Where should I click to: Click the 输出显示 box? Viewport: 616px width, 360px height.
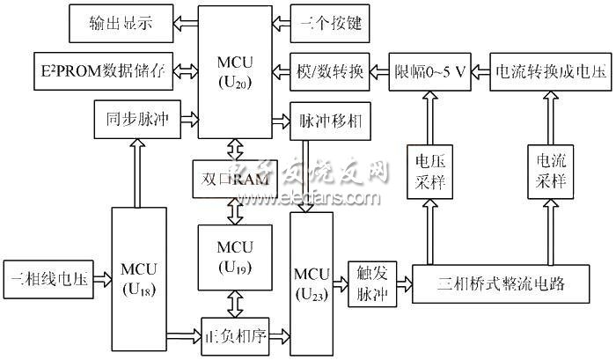pos(121,24)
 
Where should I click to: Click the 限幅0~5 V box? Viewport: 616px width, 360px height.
pos(430,70)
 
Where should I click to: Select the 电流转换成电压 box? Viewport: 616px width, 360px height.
pos(550,70)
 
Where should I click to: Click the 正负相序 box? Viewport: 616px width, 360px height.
pos(234,334)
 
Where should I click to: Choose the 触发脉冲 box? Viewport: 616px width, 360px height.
pos(370,283)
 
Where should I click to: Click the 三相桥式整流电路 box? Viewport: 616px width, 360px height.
pos(499,283)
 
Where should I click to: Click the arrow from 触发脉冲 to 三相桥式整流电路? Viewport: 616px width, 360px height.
pos(404,283)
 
